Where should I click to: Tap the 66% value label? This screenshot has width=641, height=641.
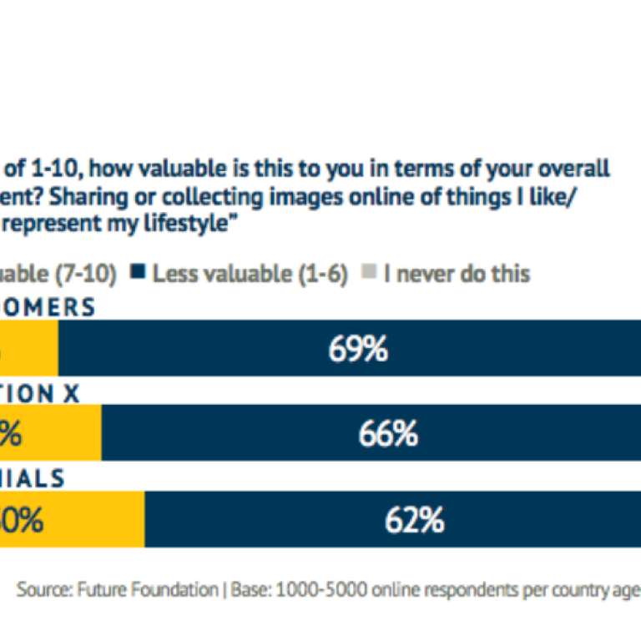387,434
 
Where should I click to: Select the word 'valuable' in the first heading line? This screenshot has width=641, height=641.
189,168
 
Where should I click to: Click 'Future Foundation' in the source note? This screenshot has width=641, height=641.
147,589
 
